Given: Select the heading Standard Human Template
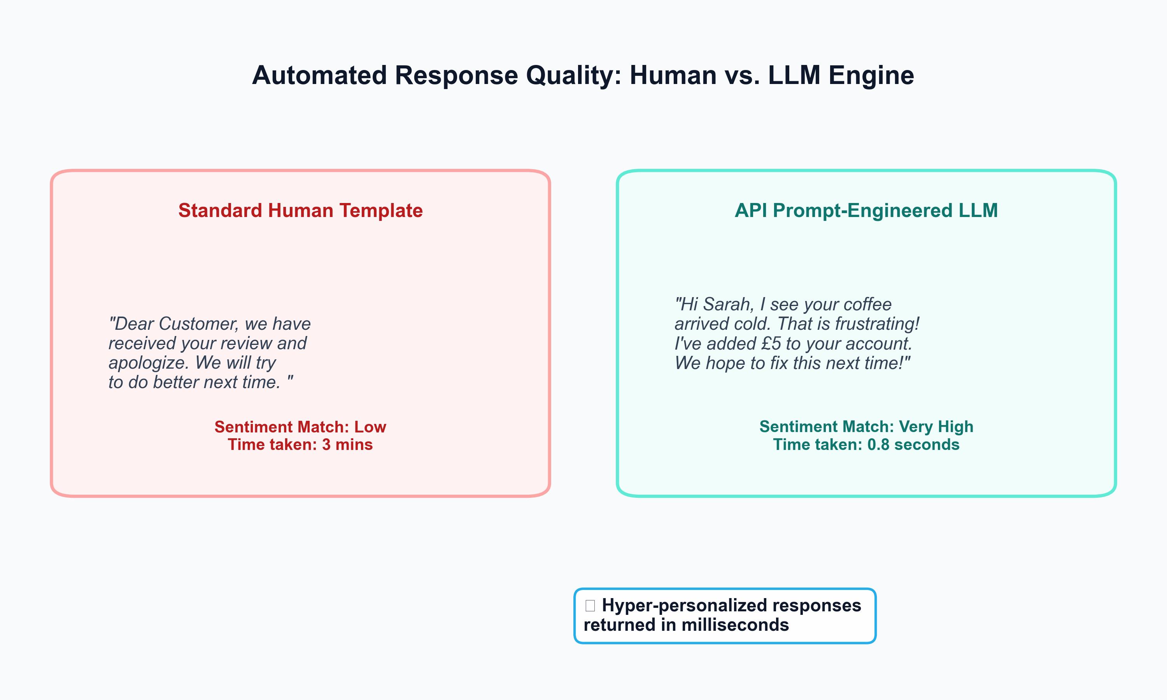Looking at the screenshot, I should tap(300, 210).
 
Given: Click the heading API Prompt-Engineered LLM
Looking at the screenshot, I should tap(866, 210).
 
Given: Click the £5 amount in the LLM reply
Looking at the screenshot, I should tap(771, 343).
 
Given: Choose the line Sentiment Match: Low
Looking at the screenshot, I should tap(300, 427).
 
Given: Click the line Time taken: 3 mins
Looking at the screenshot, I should tap(300, 445).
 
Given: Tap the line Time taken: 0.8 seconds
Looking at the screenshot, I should tap(866, 445).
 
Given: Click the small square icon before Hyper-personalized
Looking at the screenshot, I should tap(590, 605).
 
